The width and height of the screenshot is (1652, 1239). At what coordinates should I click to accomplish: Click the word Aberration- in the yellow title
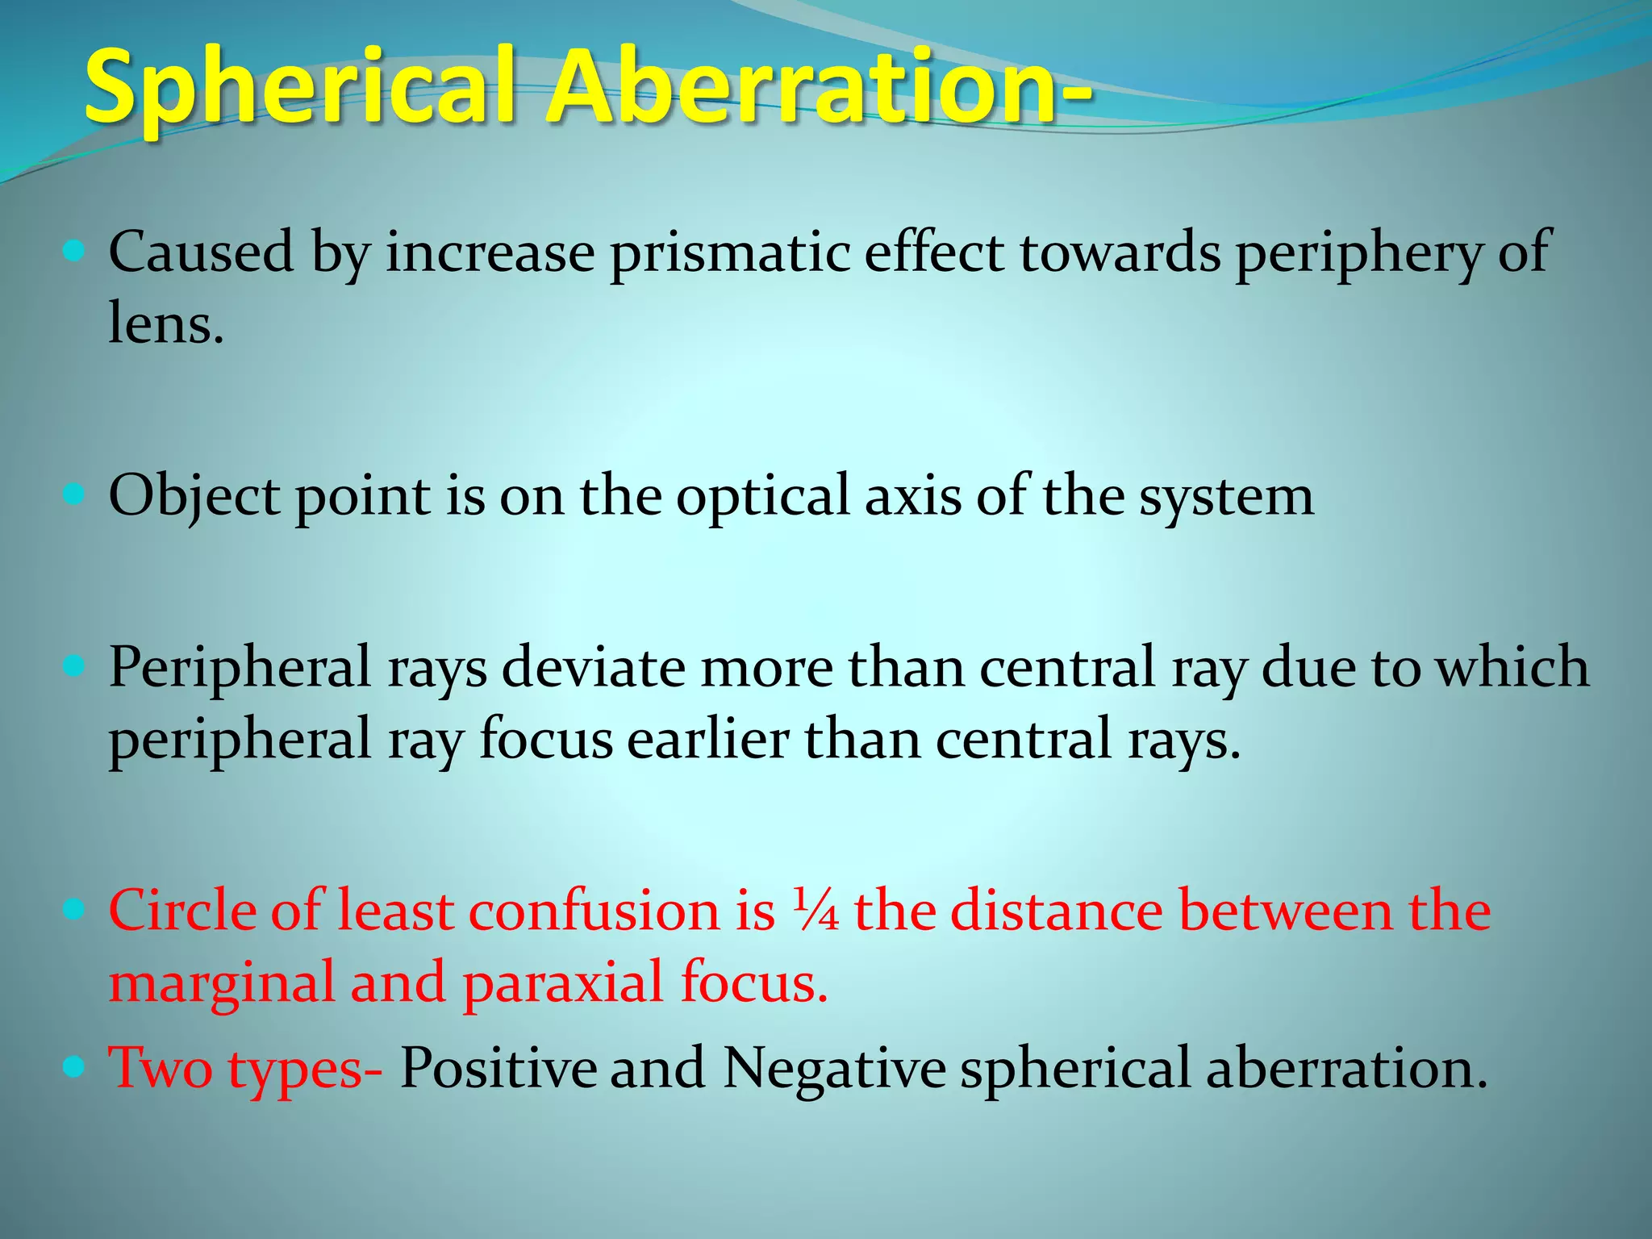[x=819, y=87]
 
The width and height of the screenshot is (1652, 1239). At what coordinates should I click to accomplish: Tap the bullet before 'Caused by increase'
[x=73, y=252]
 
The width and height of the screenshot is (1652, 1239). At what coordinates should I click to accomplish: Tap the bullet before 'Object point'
[x=73, y=494]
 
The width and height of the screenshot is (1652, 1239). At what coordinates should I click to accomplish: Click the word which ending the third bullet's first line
[x=1513, y=668]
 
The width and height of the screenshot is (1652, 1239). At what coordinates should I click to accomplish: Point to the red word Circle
[x=181, y=912]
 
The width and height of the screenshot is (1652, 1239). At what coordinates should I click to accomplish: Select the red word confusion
[x=593, y=912]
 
